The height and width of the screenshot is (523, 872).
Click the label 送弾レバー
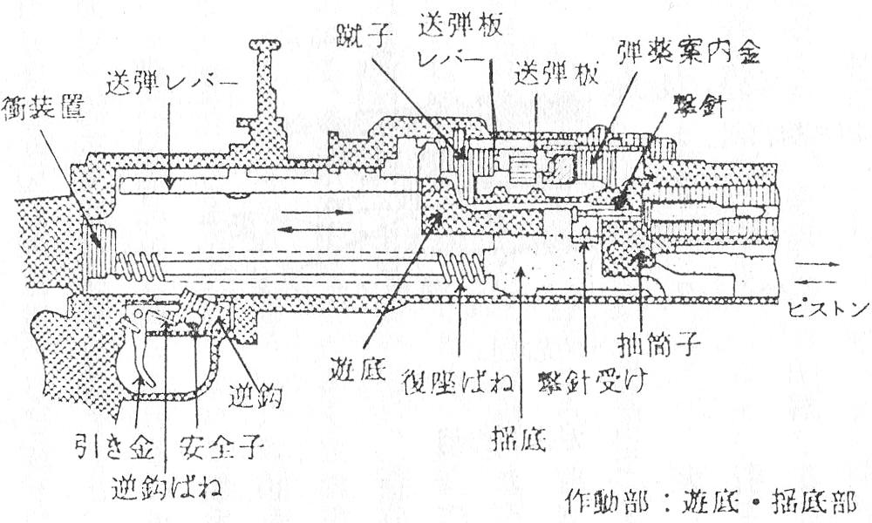tap(171, 86)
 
